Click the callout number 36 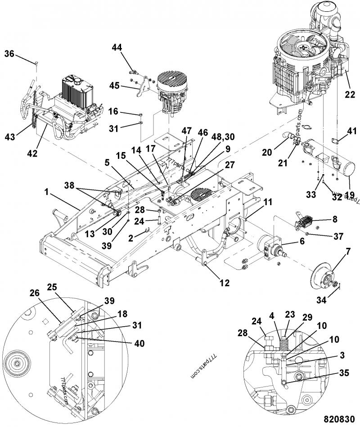pyautogui.click(x=9, y=54)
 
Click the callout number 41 pyautogui.click(x=351, y=130)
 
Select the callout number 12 pyautogui.click(x=224, y=283)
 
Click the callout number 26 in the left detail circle pyautogui.click(x=34, y=292)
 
